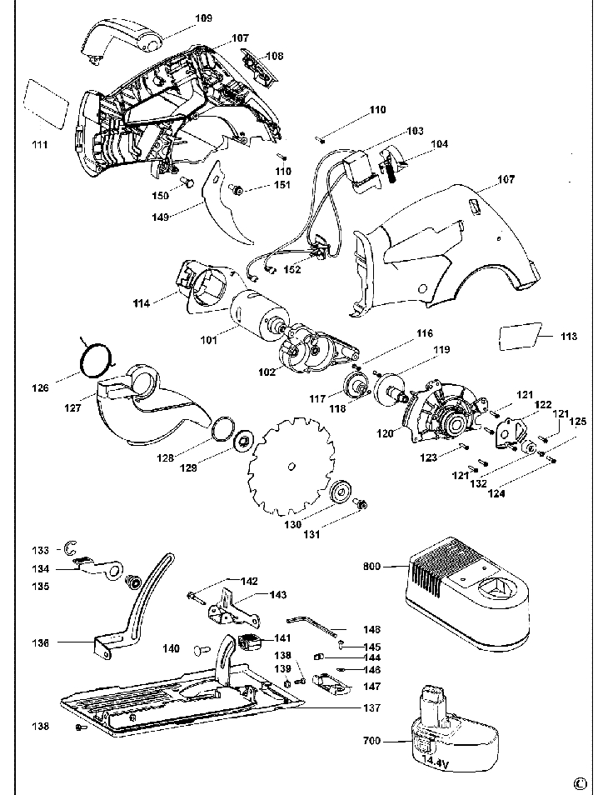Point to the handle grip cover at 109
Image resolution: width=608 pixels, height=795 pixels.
tap(120, 37)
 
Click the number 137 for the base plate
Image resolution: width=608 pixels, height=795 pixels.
tap(371, 708)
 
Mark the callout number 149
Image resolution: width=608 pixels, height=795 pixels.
tap(161, 217)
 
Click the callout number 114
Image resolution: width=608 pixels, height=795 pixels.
tap(141, 303)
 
